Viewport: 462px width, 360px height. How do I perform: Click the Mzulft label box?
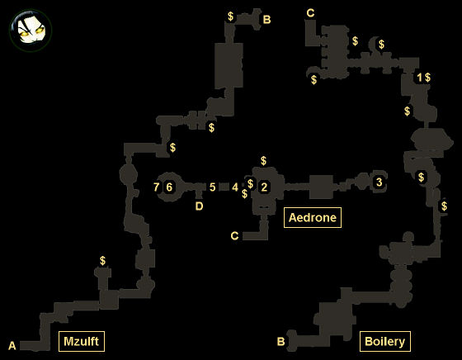pos(82,341)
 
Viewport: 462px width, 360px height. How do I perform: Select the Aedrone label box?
pos(313,218)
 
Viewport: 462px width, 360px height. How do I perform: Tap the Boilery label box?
pos(384,341)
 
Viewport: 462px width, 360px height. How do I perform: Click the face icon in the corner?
pos(31,31)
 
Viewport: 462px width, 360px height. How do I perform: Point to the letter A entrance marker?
pos(12,346)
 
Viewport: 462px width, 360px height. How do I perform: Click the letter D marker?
pos(199,206)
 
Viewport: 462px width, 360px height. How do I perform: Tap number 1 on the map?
pos(419,78)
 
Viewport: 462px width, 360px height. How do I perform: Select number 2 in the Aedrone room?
pos(264,187)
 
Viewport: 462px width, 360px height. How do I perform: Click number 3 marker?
pos(379,182)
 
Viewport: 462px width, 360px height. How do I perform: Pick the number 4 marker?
pos(235,187)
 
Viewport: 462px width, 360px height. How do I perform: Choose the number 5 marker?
pos(213,187)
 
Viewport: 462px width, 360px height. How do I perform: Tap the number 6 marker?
pos(169,187)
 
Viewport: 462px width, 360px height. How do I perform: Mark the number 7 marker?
pos(157,187)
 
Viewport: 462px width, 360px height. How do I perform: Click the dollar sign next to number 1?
pos(427,78)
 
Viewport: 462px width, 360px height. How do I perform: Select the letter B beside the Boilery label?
pos(281,342)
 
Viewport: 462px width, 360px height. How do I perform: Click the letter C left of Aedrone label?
pos(234,236)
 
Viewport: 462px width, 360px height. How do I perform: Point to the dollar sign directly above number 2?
pos(263,161)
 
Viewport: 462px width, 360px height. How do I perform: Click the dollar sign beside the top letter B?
pos(230,17)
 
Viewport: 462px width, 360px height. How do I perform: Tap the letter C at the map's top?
pos(310,13)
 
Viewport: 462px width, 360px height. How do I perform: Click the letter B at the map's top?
pos(266,20)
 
